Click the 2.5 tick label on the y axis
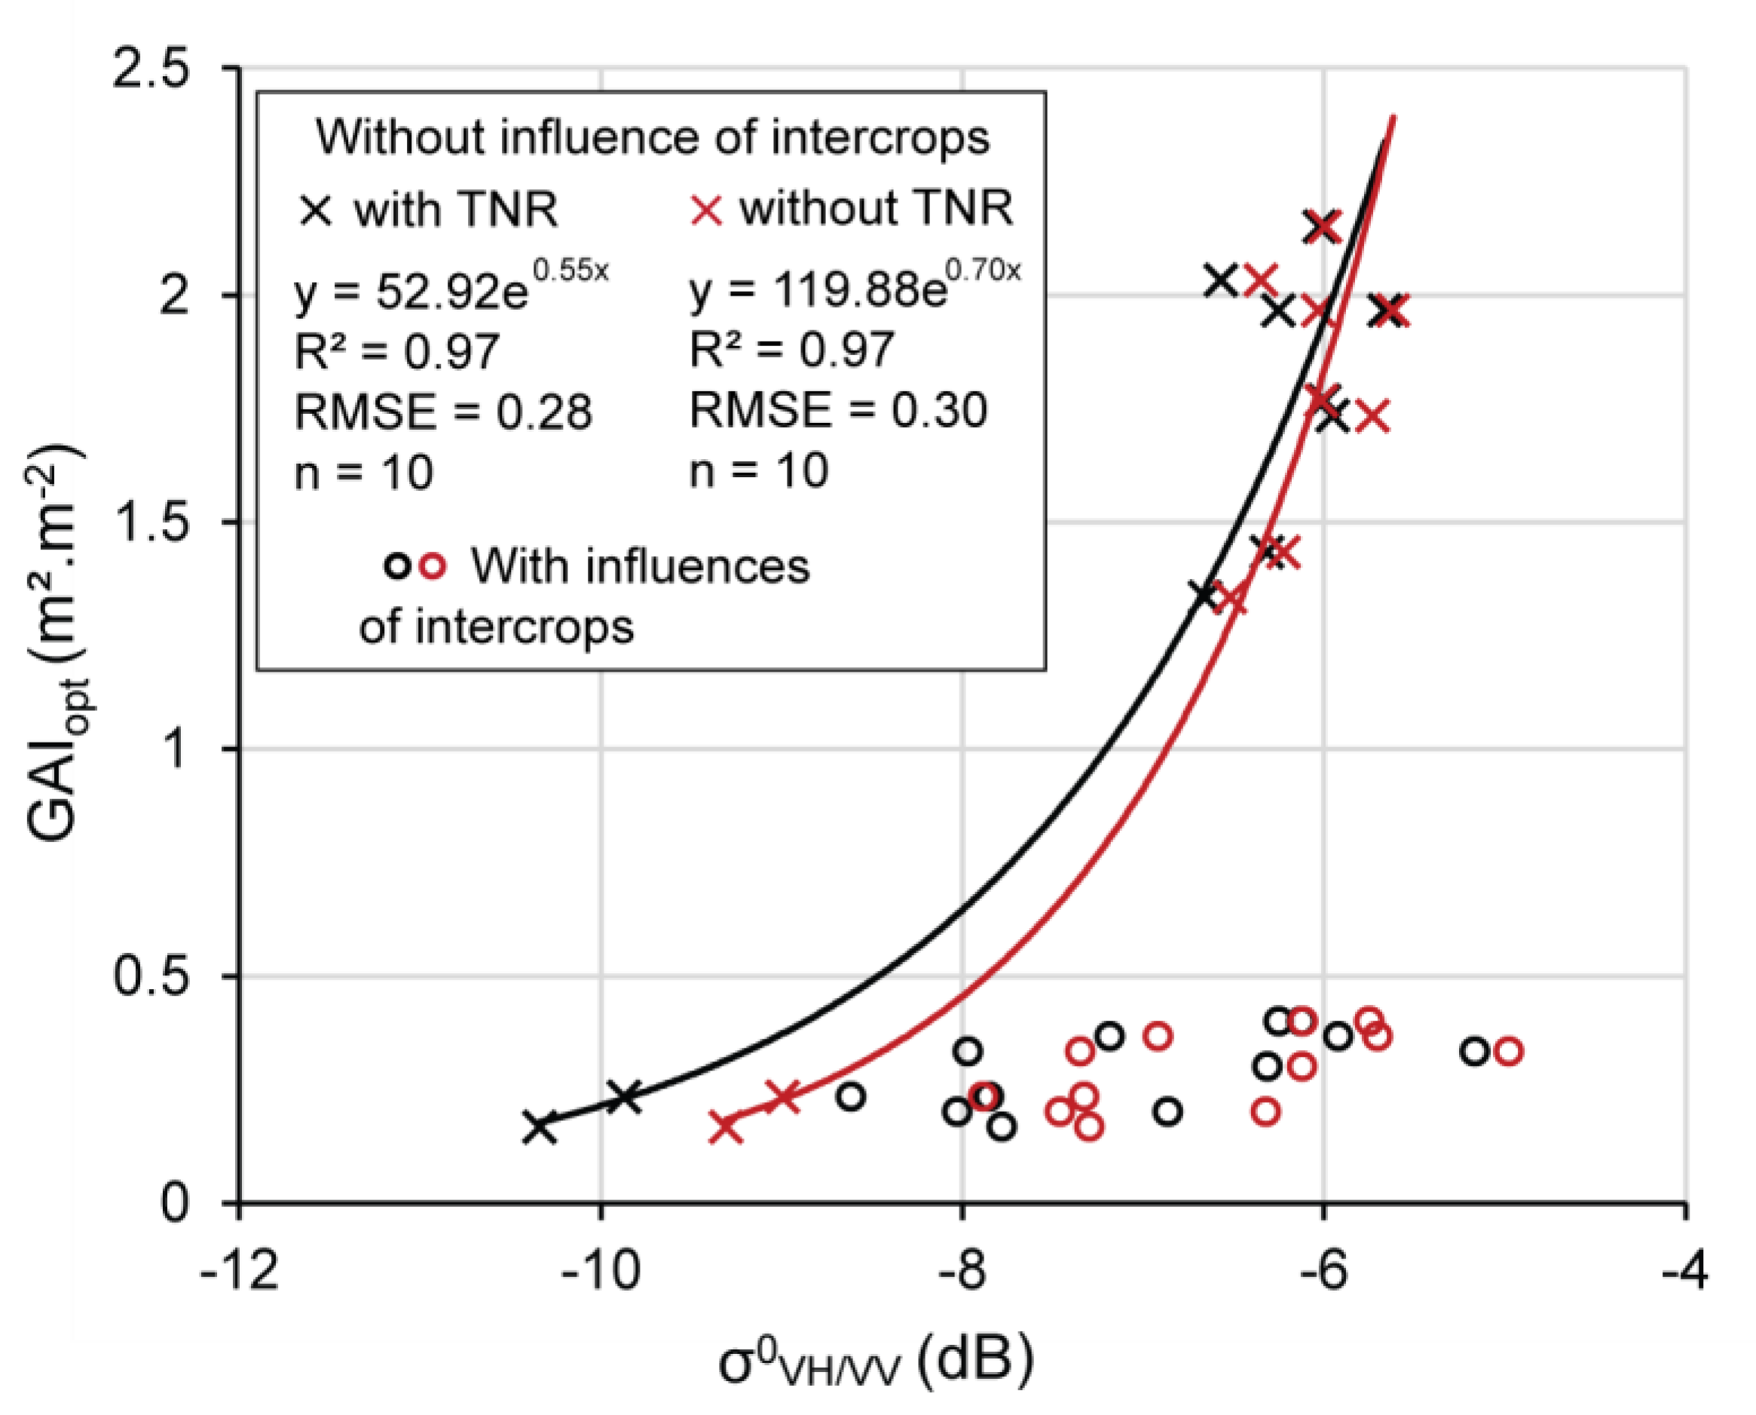coord(151,69)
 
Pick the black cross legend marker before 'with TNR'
coord(317,210)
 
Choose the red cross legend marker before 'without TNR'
coord(705,210)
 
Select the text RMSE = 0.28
coord(442,412)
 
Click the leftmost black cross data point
coord(540,1127)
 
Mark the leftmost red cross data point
coord(726,1127)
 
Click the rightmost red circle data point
coord(1509,1052)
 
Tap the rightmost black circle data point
coord(1474,1052)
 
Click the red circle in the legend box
coord(433,565)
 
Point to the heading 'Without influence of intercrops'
coord(653,136)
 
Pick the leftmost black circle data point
coord(850,1096)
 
